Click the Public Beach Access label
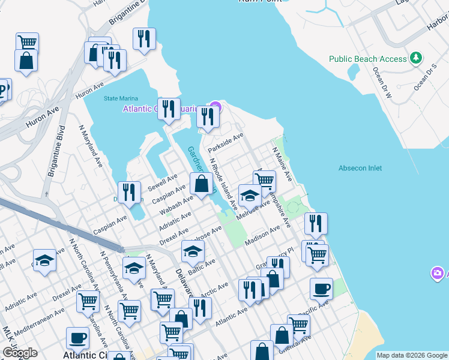pyautogui.click(x=368, y=59)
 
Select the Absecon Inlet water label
pyautogui.click(x=360, y=168)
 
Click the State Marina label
pyautogui.click(x=121, y=98)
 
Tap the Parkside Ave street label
pyautogui.click(x=225, y=143)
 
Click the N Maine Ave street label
pyautogui.click(x=282, y=165)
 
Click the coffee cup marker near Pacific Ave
pyautogui.click(x=321, y=289)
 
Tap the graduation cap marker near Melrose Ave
pyautogui.click(x=250, y=195)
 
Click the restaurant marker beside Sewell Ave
pyautogui.click(x=129, y=192)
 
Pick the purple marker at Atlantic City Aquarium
pyautogui.click(x=215, y=108)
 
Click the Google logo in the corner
pyautogui.click(x=20, y=353)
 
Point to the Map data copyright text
pyautogui.click(x=412, y=355)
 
